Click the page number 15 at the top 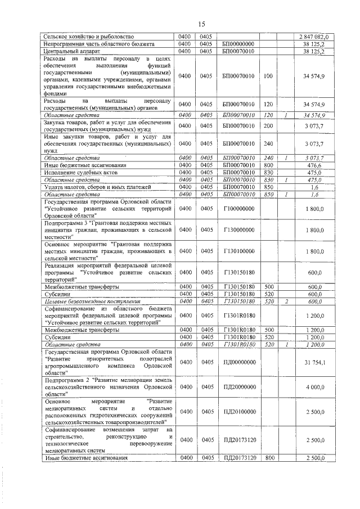pos(202,23)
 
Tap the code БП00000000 pos(238,43)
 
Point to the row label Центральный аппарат pos(68,51)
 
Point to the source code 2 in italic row pos(286,301)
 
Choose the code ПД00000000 pos(238,363)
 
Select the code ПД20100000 pos(238,412)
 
